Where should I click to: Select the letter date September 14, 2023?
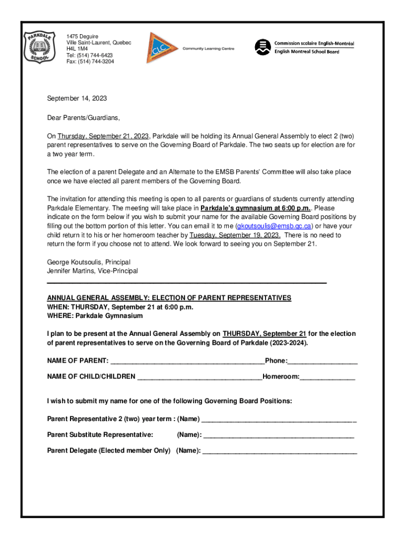coord(77,98)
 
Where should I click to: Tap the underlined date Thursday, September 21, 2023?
coord(104,135)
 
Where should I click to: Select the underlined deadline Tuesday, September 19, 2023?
coord(235,235)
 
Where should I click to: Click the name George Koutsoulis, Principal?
coord(89,262)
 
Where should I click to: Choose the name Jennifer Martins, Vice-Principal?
coord(93,271)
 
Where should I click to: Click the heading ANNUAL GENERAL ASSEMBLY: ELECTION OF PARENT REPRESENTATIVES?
coord(169,298)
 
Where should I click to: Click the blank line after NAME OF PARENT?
coord(187,362)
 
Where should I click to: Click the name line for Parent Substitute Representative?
coord(278,436)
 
